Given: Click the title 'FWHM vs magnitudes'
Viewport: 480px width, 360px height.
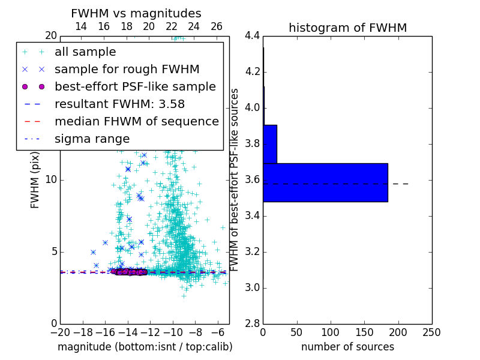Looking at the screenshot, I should pos(136,14).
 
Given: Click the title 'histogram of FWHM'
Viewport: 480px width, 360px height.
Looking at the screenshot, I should pos(347,28).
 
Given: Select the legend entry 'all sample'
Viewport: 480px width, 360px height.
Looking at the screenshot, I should pos(85,52).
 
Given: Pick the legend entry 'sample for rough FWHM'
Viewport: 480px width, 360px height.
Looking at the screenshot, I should pos(127,69).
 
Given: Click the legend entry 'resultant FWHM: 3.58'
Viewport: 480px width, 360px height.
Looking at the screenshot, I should pos(119,104).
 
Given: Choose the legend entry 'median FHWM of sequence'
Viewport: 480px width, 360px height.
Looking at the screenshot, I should pos(136,121).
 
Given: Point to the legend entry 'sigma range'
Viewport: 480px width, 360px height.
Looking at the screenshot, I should pos(92,139).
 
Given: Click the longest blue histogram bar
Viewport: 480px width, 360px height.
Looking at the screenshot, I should pos(325,182).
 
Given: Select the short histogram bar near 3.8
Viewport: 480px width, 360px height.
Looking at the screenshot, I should pos(270,144).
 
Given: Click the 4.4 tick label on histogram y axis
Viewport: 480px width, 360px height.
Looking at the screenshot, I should pos(252,36).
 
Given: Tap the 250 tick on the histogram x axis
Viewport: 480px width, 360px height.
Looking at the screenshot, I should pos(431,332).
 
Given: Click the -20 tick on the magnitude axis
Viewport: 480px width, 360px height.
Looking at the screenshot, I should pos(60,332).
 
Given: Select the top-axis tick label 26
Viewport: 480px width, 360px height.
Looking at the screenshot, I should pos(217,26).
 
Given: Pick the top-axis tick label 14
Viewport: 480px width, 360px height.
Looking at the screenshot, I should pos(81,26).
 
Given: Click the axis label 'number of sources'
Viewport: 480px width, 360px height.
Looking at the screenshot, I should pos(347,347).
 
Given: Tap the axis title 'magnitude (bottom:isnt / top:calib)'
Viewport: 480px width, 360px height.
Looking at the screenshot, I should pos(145,347).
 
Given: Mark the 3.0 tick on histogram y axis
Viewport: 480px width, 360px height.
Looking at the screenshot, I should pos(252,287).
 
